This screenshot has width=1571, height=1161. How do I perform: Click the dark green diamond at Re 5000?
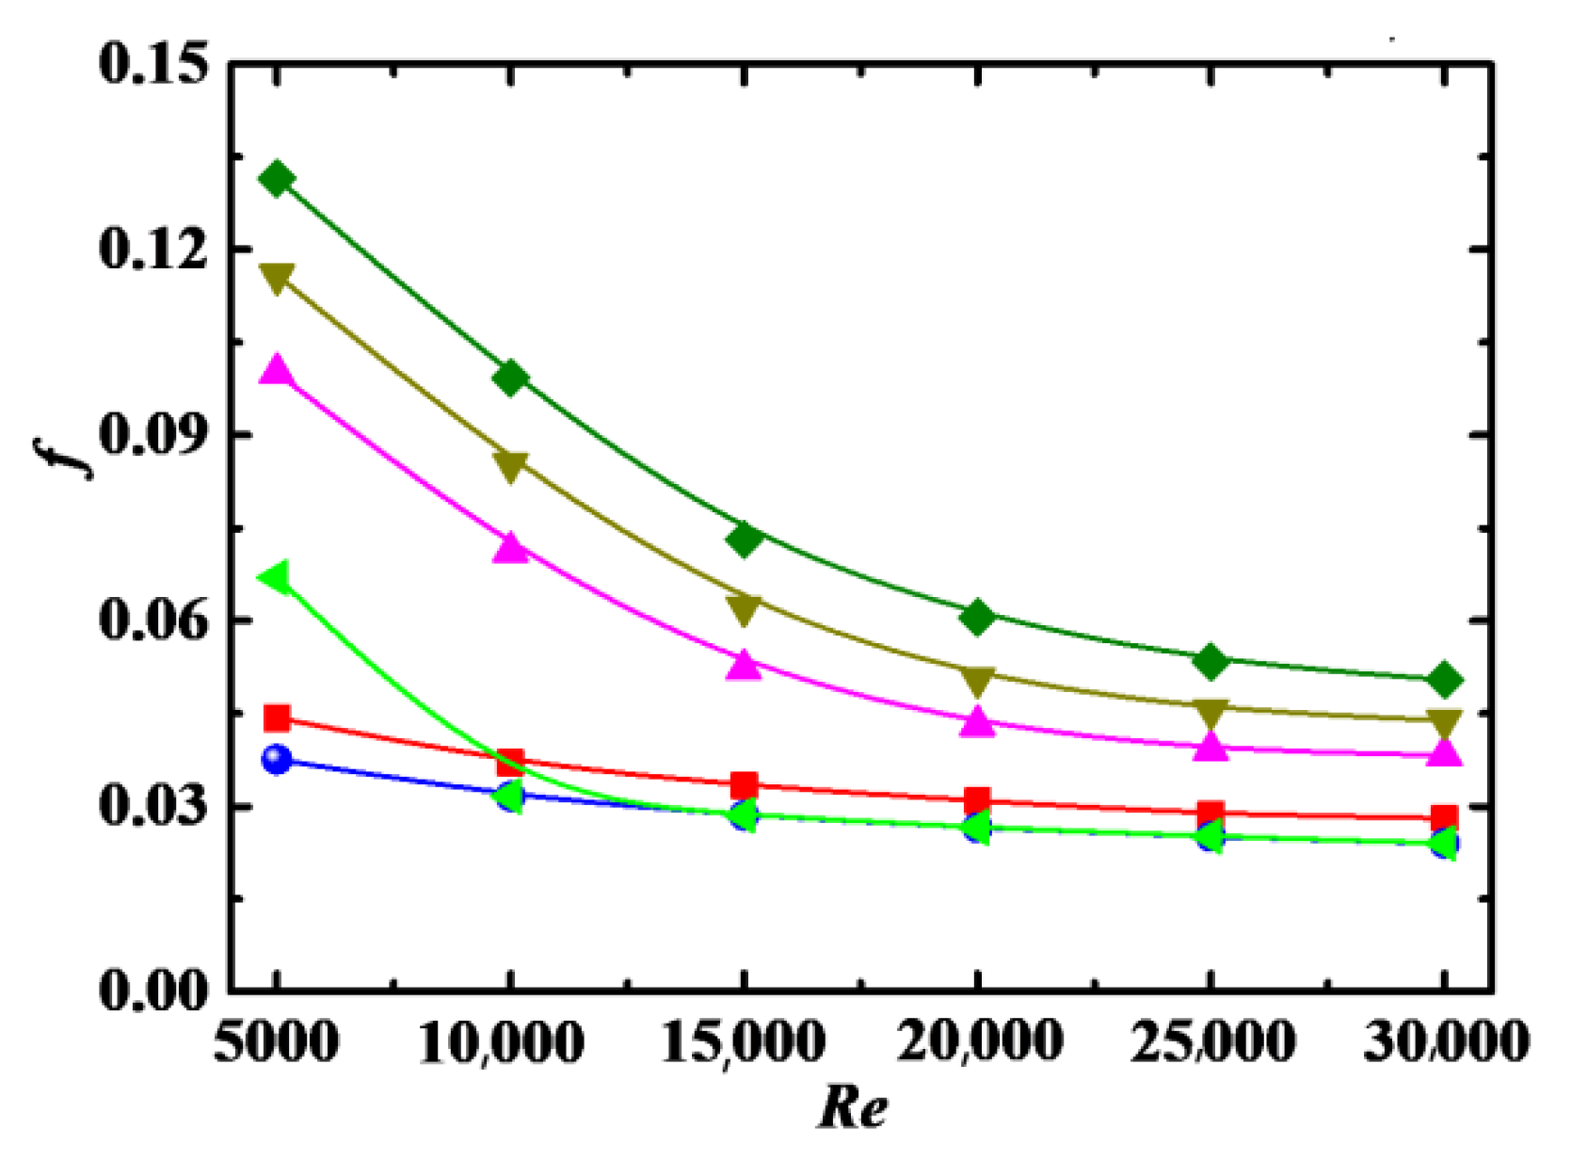277,178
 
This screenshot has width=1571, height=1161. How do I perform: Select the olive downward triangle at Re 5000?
277,278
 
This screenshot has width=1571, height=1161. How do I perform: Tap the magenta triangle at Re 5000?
277,370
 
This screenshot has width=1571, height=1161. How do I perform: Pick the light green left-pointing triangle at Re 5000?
275,577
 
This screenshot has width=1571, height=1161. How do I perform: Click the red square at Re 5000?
277,718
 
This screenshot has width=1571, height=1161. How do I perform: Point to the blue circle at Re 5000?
277,759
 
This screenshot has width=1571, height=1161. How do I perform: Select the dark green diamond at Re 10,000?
510,379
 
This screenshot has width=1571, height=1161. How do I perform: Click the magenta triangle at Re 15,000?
744,666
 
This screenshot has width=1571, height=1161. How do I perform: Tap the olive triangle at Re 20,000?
978,679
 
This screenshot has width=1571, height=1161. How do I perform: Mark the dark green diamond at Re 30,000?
1445,680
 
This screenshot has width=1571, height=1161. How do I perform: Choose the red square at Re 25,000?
1211,813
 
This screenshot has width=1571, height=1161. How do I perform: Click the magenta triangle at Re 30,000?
1445,752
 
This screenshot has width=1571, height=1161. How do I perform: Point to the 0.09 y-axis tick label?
152,435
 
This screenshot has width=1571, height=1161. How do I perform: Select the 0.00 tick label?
152,992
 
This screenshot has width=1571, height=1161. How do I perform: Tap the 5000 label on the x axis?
276,1043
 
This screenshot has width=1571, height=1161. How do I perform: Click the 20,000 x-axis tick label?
979,1043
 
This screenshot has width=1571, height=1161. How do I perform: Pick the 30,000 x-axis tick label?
1445,1043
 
